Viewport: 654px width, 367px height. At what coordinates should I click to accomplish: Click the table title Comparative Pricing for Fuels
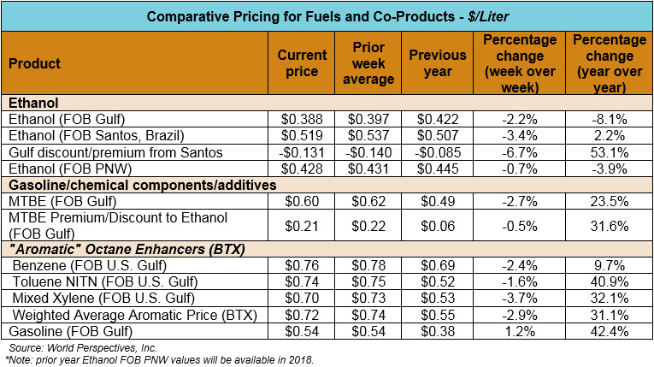[x=327, y=16]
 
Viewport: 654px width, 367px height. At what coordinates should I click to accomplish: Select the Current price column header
[x=302, y=64]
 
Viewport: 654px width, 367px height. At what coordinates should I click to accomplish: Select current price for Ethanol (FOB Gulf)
[x=302, y=120]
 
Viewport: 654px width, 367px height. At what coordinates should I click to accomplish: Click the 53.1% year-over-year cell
[x=604, y=152]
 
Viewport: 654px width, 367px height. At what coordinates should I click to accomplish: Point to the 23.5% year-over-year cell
[x=604, y=201]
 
